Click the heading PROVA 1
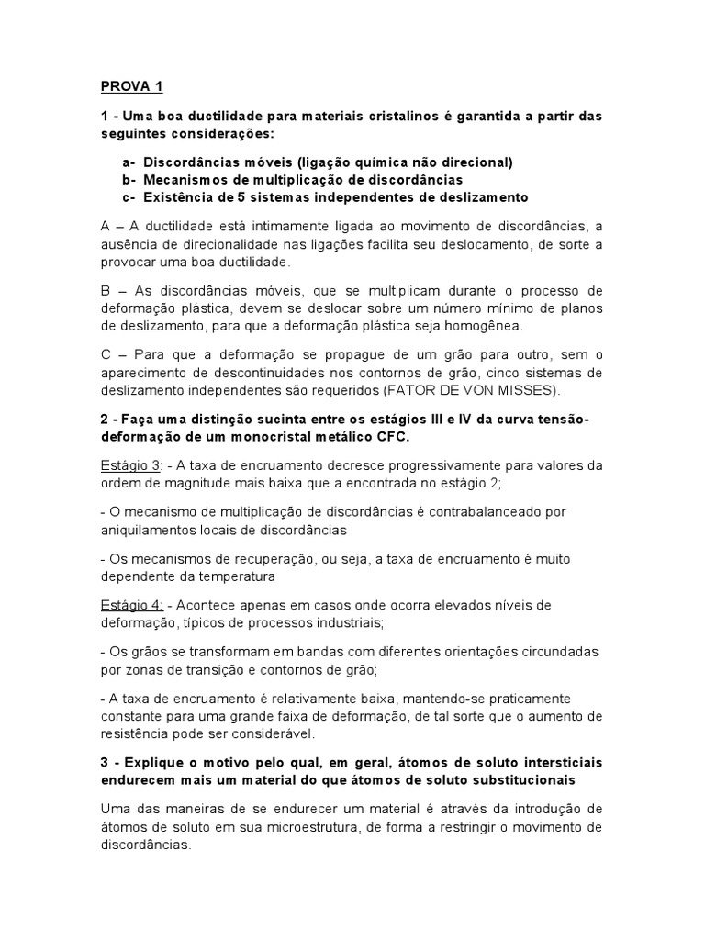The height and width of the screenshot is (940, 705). coord(131,87)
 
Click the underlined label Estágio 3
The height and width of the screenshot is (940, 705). coord(130,465)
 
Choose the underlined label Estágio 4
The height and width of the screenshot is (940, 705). coord(131,606)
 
